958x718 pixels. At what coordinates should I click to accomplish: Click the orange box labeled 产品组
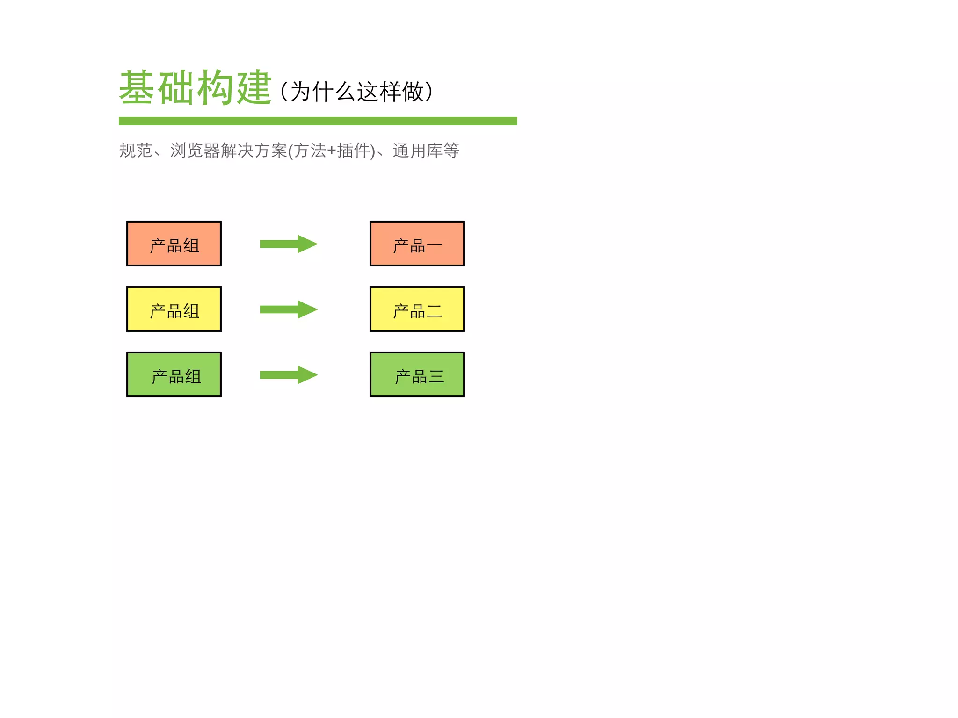click(174, 244)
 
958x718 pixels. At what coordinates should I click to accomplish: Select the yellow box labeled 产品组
click(174, 309)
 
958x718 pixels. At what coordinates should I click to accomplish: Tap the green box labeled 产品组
click(174, 374)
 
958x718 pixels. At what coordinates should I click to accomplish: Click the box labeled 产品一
click(417, 244)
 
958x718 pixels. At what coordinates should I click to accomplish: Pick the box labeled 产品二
click(417, 309)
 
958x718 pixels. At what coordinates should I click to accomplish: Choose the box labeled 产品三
click(417, 374)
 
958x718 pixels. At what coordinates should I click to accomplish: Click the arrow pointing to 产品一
click(289, 244)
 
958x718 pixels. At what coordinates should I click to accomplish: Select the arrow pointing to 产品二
click(289, 309)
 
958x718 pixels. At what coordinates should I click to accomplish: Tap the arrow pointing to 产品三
click(289, 374)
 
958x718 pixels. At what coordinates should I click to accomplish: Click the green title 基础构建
click(195, 87)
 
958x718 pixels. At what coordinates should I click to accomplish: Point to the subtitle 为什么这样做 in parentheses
click(357, 92)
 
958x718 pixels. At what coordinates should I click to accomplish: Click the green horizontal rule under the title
click(318, 121)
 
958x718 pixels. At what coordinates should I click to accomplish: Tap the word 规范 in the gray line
click(136, 151)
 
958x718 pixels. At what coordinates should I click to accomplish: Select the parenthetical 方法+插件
click(332, 151)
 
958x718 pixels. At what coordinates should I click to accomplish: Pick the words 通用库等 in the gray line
click(426, 151)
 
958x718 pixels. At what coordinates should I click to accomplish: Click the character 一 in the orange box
click(435, 246)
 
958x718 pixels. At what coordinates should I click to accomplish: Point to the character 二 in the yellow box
click(435, 311)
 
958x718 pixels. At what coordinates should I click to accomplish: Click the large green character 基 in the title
click(137, 87)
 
